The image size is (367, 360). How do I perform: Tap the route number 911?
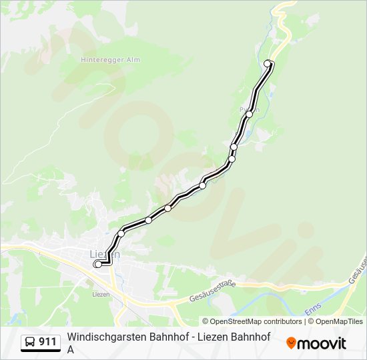click(48, 342)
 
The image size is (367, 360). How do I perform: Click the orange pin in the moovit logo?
click(291, 343)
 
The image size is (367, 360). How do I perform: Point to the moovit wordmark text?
click(322, 343)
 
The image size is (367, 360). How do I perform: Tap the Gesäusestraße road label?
click(213, 291)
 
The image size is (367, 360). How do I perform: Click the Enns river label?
click(312, 308)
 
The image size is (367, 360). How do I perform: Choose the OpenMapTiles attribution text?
click(340, 321)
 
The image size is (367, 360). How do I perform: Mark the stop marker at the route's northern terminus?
click(268, 63)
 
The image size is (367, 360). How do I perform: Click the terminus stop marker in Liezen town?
click(99, 264)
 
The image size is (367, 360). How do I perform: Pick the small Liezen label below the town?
click(100, 293)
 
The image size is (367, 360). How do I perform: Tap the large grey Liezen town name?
click(105, 254)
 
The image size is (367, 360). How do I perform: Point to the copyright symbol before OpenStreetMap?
click(206, 321)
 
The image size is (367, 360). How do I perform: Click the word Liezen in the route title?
click(211, 337)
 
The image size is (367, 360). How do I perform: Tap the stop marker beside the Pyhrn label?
click(249, 114)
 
